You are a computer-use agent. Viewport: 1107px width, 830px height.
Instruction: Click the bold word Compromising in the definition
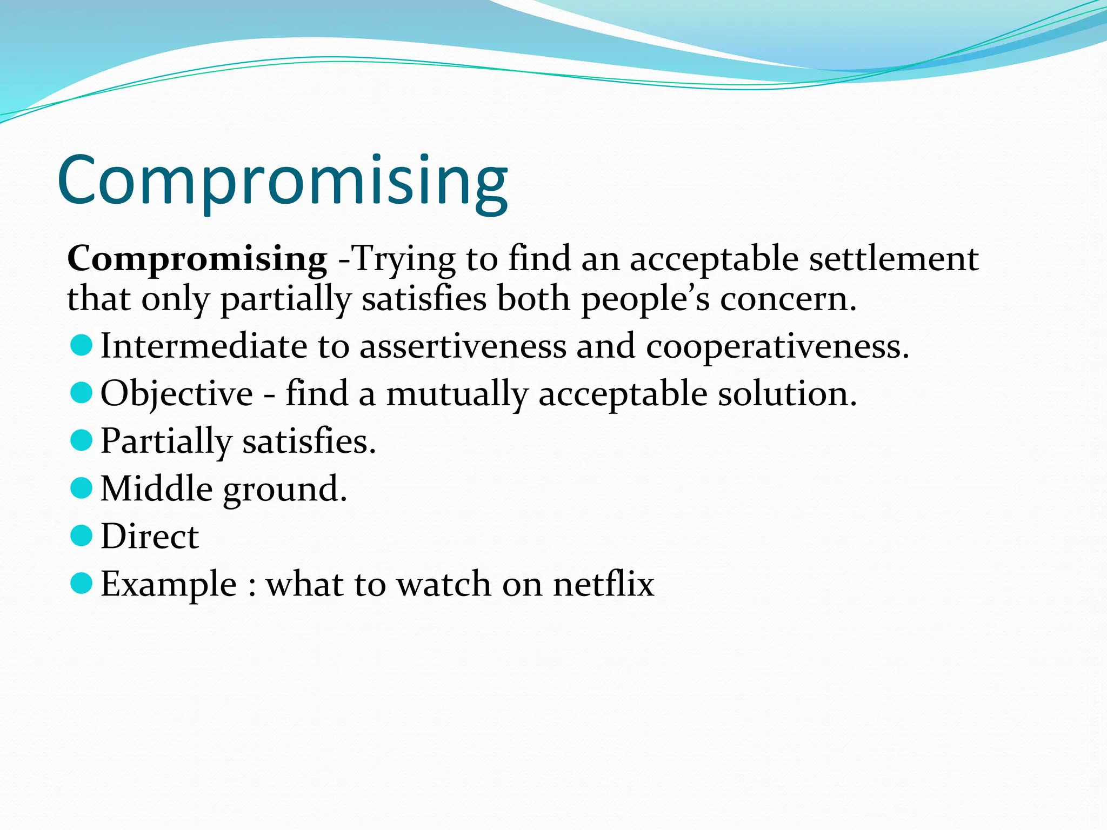[197, 259]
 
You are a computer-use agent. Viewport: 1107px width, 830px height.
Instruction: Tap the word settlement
[893, 259]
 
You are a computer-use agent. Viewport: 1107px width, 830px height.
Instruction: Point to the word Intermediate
[204, 346]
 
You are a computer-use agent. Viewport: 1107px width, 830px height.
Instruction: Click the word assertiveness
[463, 346]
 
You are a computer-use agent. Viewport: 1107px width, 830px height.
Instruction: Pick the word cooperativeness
[777, 346]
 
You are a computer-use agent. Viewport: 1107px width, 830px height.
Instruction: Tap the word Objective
[177, 394]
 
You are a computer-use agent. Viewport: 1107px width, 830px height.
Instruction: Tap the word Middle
[157, 489]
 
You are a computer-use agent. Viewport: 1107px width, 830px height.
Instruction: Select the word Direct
[150, 537]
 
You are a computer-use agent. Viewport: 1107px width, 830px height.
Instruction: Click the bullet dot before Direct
[82, 536]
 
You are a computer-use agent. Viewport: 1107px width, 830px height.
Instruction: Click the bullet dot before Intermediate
[82, 345]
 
